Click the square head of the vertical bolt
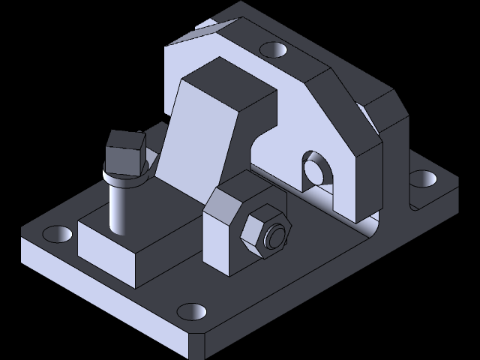click(124, 153)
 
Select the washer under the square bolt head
click(124, 180)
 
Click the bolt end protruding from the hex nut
click(277, 235)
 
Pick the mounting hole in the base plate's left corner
click(58, 234)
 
